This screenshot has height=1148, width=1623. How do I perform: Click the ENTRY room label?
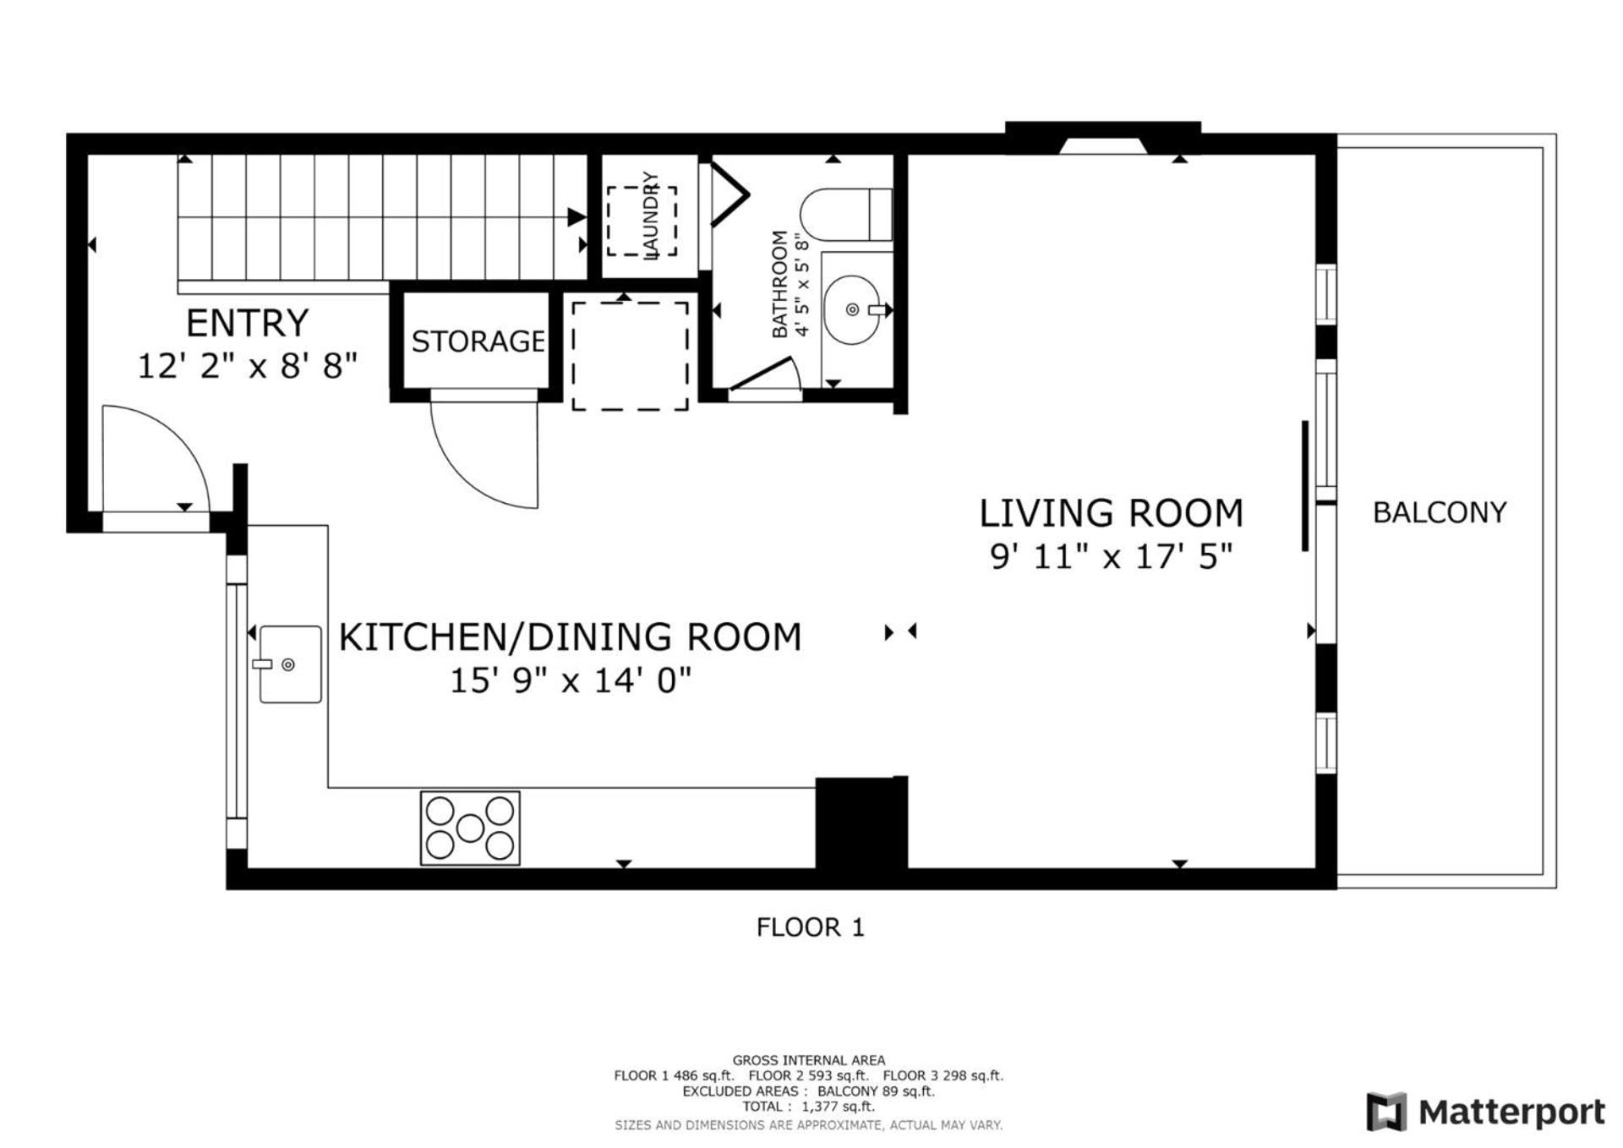coord(247,323)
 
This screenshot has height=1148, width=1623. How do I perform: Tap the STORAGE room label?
coord(478,341)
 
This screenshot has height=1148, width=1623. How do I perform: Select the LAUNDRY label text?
coord(650,216)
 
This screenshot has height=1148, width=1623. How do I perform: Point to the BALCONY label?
coord(1440,512)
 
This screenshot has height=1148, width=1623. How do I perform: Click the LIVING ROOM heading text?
coord(1111,513)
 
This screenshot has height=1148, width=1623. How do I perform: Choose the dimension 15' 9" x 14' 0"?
coord(571,680)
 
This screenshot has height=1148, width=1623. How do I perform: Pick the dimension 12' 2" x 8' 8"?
coord(248,366)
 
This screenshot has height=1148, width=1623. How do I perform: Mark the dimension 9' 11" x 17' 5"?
coord(1111,556)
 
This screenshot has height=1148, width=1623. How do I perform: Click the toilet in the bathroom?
coord(846,214)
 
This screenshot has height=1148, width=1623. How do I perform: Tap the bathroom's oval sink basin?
coord(851,309)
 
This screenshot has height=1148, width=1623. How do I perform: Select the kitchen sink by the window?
coord(290,664)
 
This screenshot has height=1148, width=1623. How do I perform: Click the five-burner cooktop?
coord(470,828)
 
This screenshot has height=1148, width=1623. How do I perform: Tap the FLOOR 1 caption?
coord(810,927)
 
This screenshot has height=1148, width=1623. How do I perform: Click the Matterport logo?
coord(1485,1112)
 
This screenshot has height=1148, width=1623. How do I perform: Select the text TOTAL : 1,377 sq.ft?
coord(808,1107)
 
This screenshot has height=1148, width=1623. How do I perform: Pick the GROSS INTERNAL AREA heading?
coord(809,1060)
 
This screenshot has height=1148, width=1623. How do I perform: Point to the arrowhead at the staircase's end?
coord(577,216)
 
